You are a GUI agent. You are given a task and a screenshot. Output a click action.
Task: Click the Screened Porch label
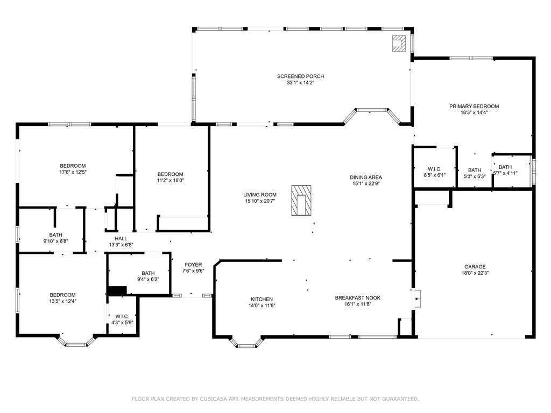tap(300, 76)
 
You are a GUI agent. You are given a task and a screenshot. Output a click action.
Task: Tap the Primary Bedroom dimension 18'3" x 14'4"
tap(474, 113)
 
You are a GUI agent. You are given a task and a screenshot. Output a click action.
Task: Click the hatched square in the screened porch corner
tap(399, 44)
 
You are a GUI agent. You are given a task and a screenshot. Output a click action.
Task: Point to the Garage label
tap(475, 267)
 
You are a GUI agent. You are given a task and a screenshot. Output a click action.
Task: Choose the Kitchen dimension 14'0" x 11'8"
tap(262, 305)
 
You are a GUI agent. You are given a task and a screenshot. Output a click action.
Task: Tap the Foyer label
tap(193, 265)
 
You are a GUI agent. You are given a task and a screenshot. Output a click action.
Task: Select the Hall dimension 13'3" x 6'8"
tap(121, 245)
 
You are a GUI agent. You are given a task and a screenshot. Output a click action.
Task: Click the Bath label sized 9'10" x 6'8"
tap(55, 235)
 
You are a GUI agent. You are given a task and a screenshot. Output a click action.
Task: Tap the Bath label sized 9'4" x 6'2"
tap(148, 273)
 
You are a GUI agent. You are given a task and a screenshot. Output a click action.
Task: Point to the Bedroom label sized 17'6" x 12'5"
tap(73, 166)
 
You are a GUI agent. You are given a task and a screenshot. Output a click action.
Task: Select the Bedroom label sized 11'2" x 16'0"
tap(170, 174)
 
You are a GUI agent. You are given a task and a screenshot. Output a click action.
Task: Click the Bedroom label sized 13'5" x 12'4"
tap(62, 295)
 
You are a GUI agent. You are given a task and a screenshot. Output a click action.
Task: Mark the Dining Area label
tap(366, 177)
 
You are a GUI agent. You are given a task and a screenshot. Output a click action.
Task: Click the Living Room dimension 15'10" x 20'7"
tap(259, 201)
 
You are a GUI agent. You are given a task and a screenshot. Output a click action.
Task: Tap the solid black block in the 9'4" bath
tap(116, 291)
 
